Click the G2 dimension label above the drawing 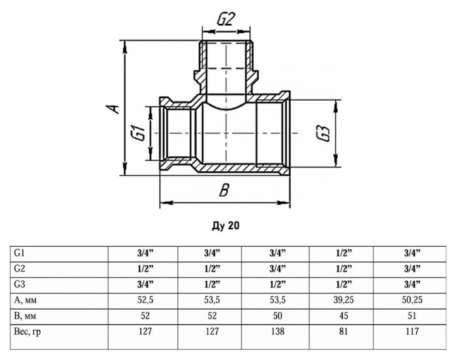coord(225,20)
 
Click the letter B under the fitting coord(223,191)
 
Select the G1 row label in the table coord(19,252)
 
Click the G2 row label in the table coord(19,268)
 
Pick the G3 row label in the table coord(19,284)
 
